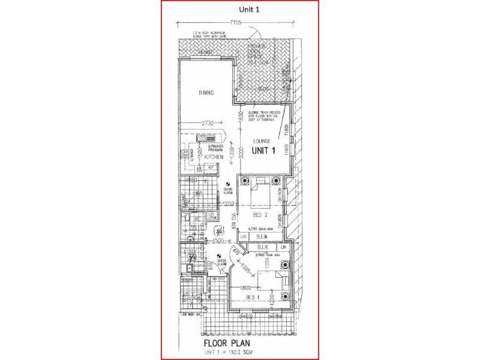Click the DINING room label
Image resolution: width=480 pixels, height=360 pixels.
[206, 92]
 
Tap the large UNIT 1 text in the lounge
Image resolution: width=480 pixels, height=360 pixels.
[262, 151]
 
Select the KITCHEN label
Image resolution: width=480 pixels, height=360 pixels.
[214, 157]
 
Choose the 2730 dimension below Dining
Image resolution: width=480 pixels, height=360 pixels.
[208, 123]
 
